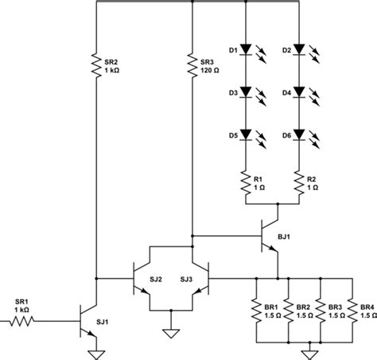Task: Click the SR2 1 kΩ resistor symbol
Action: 96,66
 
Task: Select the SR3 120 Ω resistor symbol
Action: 192,66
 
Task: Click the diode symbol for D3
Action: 247,92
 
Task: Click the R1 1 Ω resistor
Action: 247,184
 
